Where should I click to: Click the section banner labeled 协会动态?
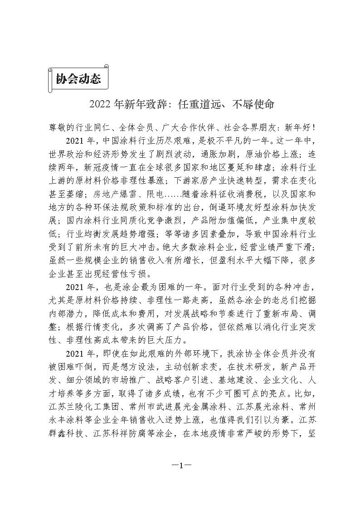point(78,79)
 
